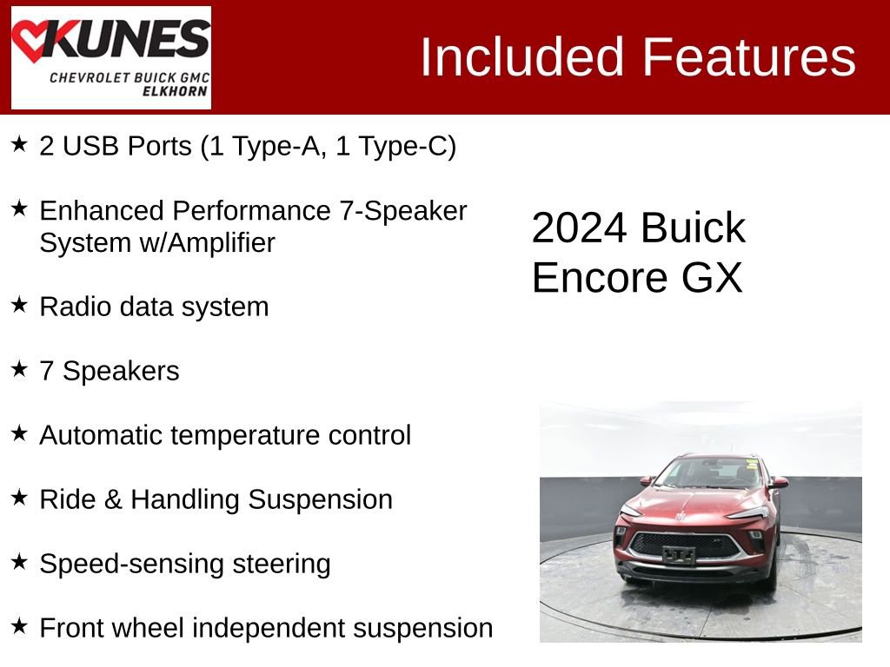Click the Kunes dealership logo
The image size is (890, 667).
tap(110, 57)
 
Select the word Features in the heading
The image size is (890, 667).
tap(749, 57)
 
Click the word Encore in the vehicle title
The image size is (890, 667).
tap(596, 278)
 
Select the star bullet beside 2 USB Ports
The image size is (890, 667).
tap(20, 144)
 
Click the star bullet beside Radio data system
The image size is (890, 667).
tap(20, 305)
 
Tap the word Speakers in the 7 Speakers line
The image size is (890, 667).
tap(121, 371)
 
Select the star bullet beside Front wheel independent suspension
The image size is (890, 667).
tap(20, 625)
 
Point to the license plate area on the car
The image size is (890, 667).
tap(679, 555)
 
